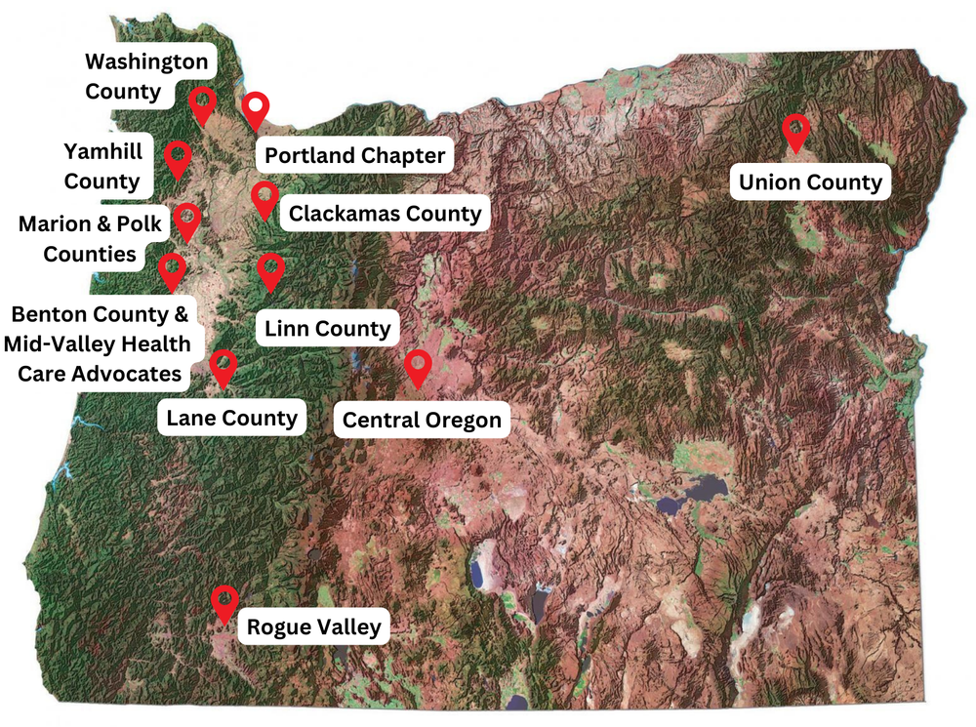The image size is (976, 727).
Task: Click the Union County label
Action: coord(810,182)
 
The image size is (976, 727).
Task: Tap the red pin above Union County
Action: coord(796,130)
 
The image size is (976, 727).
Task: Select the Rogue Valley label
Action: coord(312,626)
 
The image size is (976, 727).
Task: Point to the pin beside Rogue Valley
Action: coord(225,601)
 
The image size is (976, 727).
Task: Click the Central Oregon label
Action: coord(422,421)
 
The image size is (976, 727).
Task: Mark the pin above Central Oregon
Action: coord(418,367)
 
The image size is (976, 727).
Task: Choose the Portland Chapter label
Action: coord(354,155)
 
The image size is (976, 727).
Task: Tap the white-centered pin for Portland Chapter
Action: coord(256,109)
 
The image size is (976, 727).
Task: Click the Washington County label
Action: coord(146,77)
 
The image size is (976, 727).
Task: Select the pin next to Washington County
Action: coord(202,102)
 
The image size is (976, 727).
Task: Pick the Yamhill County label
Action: coord(102,166)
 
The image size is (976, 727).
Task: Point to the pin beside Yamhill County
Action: coord(178,157)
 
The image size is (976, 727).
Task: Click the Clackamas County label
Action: coord(385,213)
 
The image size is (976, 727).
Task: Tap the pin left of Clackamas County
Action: coord(264,198)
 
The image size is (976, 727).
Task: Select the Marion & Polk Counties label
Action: coord(90,239)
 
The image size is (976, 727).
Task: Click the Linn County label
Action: coord(327,329)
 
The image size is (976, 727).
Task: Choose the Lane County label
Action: coord(231,419)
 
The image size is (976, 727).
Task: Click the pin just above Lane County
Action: coord(224,366)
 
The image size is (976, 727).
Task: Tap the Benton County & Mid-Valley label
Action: coord(98,343)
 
